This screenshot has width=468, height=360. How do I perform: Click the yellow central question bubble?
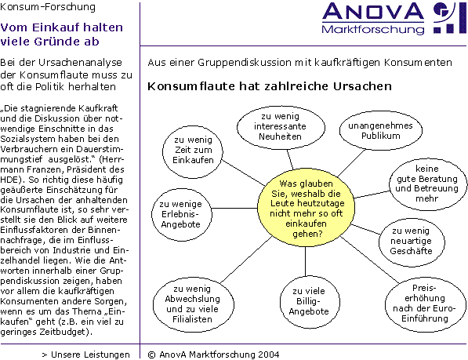coord(306,209)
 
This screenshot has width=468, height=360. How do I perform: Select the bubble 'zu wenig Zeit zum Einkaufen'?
coord(193,152)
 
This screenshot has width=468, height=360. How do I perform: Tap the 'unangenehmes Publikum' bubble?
coord(381,130)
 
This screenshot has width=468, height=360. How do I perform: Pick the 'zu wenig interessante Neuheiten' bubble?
coord(281,127)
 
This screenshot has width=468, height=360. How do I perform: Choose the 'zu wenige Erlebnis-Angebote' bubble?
coord(181,214)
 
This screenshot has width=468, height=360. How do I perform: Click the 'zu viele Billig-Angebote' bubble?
coord(310,302)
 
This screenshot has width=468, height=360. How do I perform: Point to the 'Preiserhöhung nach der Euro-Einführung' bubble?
coord(426,304)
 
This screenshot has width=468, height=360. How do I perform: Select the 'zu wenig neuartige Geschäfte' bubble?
coord(412,242)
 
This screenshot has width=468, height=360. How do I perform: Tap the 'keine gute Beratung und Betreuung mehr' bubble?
coord(428,184)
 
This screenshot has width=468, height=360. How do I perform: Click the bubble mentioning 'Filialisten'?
coord(194,304)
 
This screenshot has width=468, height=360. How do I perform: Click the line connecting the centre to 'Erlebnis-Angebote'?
coord(234,208)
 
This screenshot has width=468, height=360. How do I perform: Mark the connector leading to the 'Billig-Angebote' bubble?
coord(305,261)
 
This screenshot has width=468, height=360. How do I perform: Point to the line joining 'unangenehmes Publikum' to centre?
coord(351,163)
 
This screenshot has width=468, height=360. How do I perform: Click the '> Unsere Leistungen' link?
coord(86,355)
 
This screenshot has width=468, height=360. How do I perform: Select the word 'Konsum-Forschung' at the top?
coord(48,7)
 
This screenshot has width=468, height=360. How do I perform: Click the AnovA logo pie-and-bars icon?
coord(449,17)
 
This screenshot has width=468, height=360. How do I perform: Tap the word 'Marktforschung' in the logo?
coord(373,30)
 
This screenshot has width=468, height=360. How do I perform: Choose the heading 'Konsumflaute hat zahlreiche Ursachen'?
coord(270,86)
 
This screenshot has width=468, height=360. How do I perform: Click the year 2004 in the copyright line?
coord(269,355)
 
